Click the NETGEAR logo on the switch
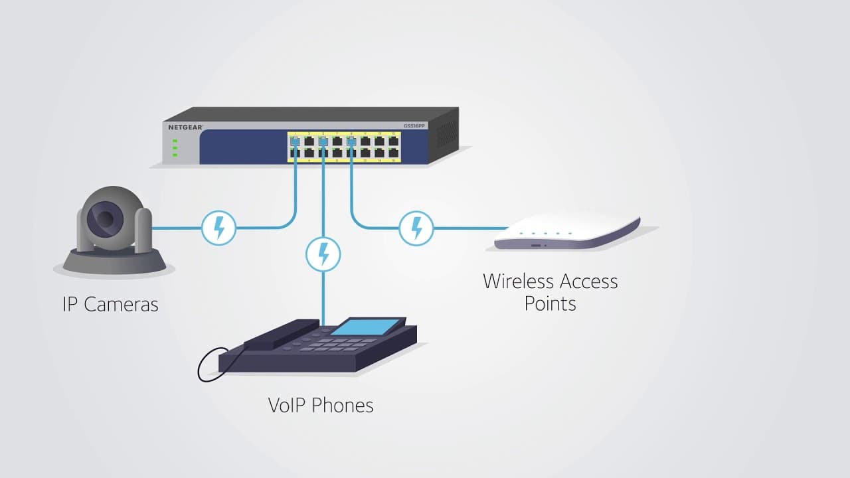(185, 126)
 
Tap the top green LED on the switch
(175, 141)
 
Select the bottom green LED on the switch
(175, 155)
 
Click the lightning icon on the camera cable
(218, 228)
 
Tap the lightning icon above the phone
(323, 254)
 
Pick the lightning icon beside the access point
(416, 228)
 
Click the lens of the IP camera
(106, 217)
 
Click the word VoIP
(288, 404)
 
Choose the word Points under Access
(550, 303)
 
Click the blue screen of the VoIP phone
(365, 326)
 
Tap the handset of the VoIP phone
(281, 334)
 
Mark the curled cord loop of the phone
(209, 365)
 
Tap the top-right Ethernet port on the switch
(394, 141)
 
